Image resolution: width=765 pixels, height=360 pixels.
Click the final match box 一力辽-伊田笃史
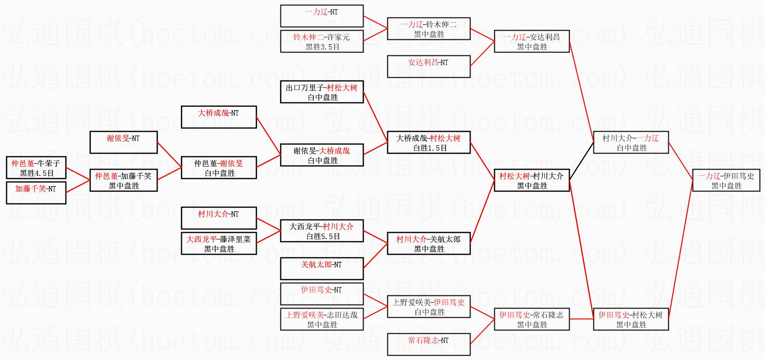726,180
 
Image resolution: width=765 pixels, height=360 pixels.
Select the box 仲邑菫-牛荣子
36,168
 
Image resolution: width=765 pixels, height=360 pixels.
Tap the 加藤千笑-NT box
36,192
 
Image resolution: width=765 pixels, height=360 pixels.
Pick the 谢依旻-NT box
123,142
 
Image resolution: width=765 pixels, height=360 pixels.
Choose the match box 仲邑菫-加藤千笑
123,180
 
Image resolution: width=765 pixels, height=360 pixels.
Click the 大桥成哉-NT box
219,117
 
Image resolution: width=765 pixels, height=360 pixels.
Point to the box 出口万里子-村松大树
322,92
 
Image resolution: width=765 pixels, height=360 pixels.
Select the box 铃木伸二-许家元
322,41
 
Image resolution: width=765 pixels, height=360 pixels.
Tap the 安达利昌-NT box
429,66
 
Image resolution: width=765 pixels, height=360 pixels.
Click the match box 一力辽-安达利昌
532,41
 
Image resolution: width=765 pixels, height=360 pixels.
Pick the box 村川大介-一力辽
631,142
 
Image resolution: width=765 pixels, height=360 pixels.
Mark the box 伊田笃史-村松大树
631,319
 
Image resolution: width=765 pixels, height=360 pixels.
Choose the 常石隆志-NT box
429,344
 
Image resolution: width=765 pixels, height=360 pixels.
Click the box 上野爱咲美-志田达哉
322,319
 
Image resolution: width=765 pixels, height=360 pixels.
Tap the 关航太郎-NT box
322,268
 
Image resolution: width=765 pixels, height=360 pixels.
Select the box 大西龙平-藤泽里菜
219,243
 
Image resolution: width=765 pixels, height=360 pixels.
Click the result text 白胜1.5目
430,148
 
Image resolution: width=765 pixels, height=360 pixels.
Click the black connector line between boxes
581,161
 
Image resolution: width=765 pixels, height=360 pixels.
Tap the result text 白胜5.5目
323,236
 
